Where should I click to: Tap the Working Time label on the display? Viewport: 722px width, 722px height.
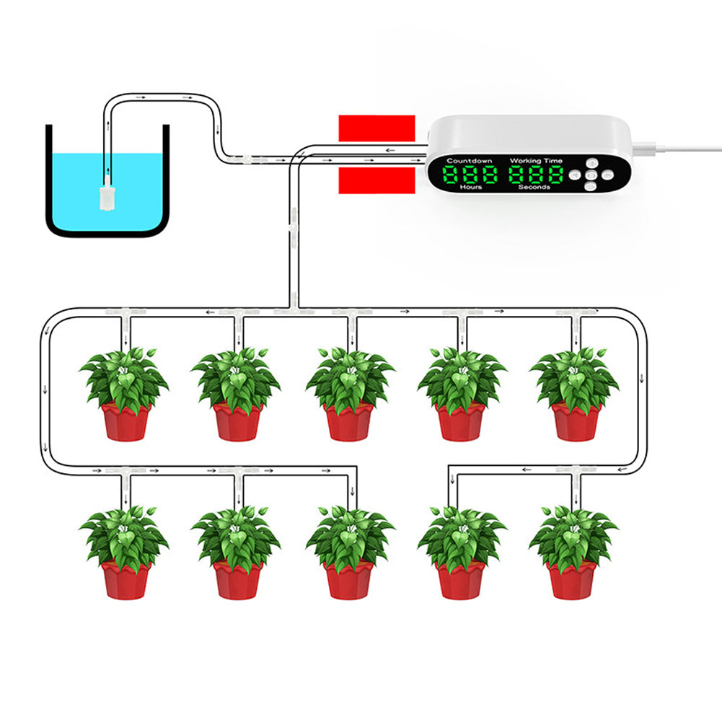tap(536, 160)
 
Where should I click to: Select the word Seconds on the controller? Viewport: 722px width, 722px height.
tap(534, 187)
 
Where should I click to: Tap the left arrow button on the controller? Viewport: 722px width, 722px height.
tap(577, 175)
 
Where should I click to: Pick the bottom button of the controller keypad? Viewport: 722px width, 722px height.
tap(590, 185)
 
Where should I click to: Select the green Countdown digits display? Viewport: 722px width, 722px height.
tap(470, 174)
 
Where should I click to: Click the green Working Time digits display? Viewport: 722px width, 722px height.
tap(536, 174)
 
